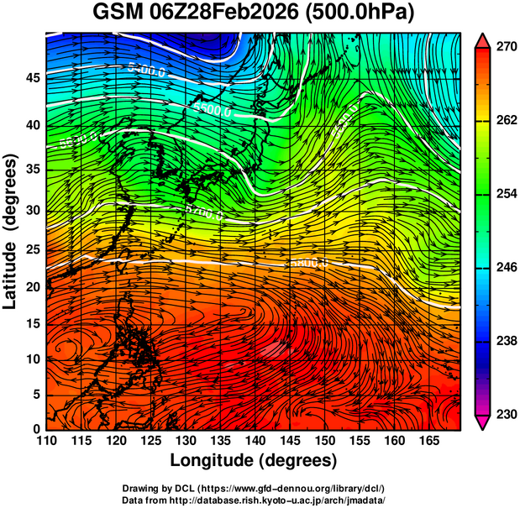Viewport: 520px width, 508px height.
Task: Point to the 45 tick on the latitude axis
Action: pos(31,79)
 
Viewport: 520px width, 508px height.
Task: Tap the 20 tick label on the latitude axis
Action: pos(31,286)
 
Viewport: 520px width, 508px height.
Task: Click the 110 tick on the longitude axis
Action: pos(47,441)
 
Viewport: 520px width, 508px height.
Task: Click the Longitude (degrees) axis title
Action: pos(254,460)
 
